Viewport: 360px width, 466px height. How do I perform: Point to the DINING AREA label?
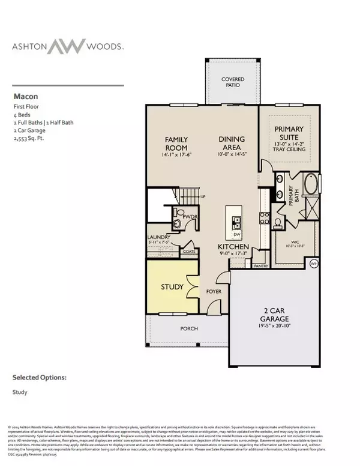click(231, 144)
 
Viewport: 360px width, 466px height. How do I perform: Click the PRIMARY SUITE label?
click(289, 133)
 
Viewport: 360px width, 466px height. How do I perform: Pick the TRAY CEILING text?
click(289, 151)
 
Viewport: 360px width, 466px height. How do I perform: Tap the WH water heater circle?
click(313, 264)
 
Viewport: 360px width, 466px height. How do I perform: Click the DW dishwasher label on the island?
click(237, 235)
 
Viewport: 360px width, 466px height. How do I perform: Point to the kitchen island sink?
click(236, 219)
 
